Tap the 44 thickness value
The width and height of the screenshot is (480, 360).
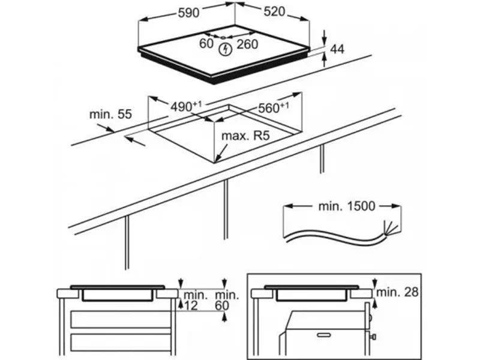coord(338,50)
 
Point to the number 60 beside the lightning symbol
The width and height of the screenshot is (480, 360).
coord(206,43)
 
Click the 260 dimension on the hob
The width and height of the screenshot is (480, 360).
coord(247,43)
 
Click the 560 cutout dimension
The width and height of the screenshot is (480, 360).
coord(273,108)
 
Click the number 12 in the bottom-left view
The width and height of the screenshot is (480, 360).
coord(192,306)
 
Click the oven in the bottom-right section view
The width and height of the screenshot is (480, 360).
coord(324,336)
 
